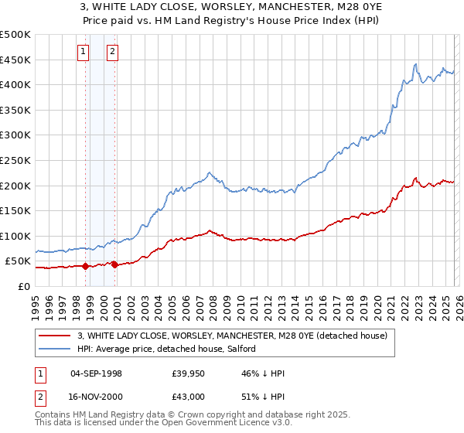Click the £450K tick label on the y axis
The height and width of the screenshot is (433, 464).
coord(15,60)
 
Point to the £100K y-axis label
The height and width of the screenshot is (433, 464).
coord(15,236)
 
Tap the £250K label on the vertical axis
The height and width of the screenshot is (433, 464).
coord(15,160)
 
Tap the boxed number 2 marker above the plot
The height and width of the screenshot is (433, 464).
coord(112,52)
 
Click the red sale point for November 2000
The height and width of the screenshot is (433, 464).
coord(114,264)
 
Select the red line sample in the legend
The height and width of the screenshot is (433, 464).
coord(55,336)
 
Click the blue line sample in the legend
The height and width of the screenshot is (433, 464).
coord(55,349)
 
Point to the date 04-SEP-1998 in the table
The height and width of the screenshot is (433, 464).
coord(96,373)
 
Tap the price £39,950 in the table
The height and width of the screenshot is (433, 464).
coord(189,373)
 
